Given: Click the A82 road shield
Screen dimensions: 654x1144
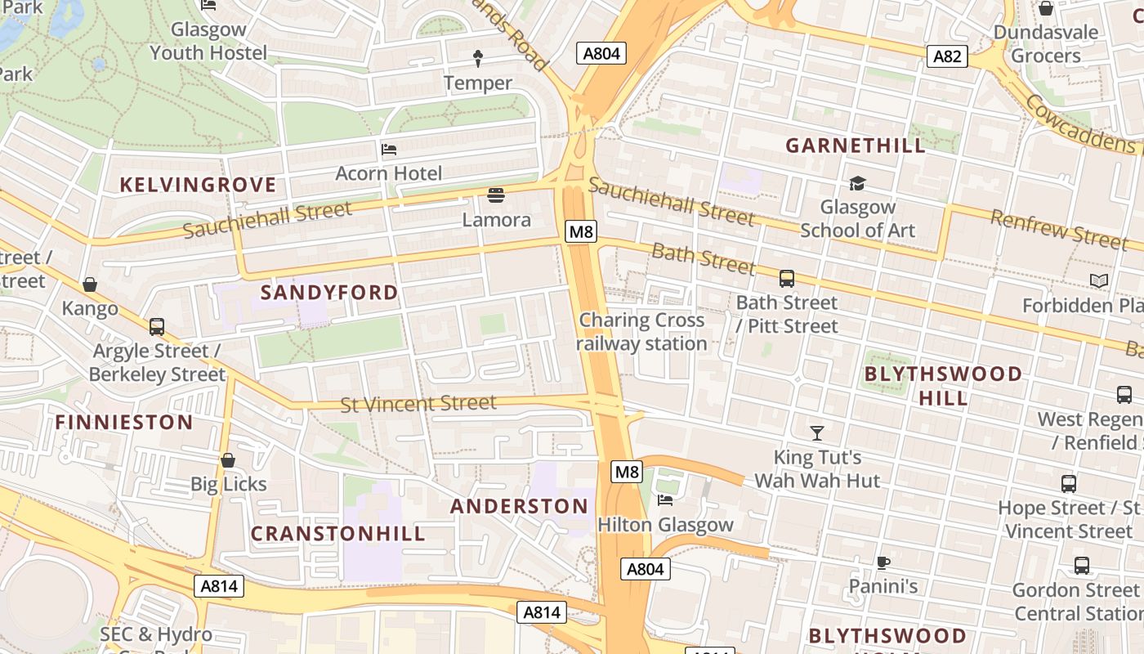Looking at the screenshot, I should [x=947, y=56].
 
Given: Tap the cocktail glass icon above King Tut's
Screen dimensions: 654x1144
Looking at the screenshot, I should [x=816, y=432].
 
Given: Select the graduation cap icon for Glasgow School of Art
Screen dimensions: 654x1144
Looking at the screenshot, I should [x=857, y=183].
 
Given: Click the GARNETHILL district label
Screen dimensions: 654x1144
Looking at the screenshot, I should [x=856, y=146].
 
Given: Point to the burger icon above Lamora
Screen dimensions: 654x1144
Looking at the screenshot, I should [x=496, y=195].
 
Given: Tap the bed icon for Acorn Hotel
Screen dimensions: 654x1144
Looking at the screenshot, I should [x=389, y=150].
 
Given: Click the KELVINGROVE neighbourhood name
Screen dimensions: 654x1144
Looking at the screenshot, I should [x=199, y=185].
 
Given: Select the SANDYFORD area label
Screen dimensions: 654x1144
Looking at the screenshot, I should [x=329, y=292].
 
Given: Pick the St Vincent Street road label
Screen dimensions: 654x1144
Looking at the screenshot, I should [x=418, y=404].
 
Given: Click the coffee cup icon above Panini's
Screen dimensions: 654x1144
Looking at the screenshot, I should [x=883, y=562].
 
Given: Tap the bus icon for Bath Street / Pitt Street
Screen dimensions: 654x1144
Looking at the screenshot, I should [x=787, y=279].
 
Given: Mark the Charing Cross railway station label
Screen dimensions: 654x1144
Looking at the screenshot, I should [x=641, y=332].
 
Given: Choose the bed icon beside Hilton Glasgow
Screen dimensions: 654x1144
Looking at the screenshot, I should [x=665, y=500].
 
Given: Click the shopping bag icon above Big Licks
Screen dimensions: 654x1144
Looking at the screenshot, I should [x=228, y=460].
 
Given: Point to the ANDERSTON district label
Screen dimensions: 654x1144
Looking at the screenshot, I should [x=519, y=506].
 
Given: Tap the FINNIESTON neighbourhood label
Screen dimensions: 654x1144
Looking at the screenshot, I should [x=124, y=423].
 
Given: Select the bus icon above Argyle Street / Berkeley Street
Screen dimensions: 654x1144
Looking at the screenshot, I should [x=157, y=327].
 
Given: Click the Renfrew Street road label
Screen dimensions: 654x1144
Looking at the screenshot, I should [x=1058, y=230].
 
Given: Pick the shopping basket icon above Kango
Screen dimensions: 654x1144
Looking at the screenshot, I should [x=90, y=284].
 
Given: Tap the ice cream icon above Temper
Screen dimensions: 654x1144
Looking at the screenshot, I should [x=478, y=59].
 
